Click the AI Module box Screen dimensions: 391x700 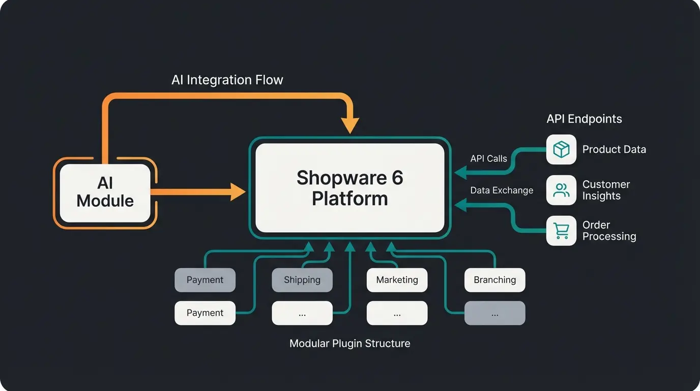(105, 192)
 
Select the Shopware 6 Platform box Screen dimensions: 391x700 (349, 188)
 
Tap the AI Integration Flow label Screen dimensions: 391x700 (227, 80)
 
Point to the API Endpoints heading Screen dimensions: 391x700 (584, 119)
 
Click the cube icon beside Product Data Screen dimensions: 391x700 (561, 150)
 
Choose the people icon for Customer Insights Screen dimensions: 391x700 (561, 190)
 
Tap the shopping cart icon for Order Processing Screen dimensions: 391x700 (561, 231)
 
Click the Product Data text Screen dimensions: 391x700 (614, 150)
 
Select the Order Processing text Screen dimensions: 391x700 (609, 231)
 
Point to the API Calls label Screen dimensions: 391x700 (488, 158)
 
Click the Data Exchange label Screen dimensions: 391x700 (502, 190)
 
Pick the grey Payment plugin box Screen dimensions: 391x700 (205, 280)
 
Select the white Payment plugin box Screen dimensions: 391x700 (205, 313)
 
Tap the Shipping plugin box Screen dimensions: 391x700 (302, 280)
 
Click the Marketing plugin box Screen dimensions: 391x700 (397, 280)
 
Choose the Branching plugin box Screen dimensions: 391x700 (494, 280)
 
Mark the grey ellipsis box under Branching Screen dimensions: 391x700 (494, 313)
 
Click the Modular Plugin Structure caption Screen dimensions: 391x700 (349, 344)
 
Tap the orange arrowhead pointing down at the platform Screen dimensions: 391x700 (350, 125)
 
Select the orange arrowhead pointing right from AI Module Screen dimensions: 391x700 (238, 192)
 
